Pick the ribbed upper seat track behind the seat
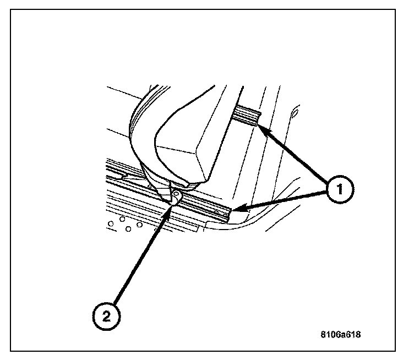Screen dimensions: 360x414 tap(248, 116)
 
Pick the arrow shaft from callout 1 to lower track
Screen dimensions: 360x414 tap(281, 199)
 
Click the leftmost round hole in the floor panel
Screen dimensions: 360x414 tap(111, 223)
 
